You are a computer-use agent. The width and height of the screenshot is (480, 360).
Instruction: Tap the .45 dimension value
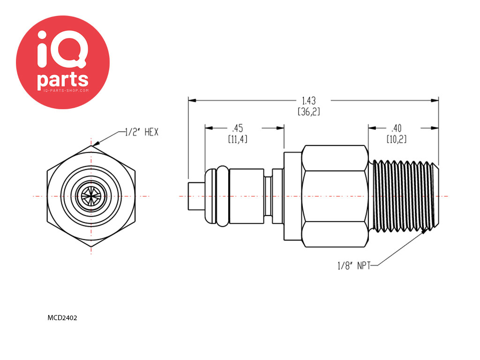(x=238, y=128)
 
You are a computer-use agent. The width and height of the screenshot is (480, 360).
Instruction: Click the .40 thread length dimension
(x=397, y=128)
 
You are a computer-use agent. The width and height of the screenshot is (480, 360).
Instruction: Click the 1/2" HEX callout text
(x=142, y=132)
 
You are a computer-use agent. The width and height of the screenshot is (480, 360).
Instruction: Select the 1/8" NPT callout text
(x=354, y=265)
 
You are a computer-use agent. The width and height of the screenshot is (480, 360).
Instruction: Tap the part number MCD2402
(x=62, y=318)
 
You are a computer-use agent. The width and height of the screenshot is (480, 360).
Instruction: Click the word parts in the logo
(x=63, y=80)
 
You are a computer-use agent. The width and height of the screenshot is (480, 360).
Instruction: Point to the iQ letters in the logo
(x=62, y=49)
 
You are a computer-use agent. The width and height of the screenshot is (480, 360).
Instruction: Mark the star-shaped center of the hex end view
(x=91, y=196)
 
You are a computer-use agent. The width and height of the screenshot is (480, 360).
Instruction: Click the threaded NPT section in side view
(x=404, y=195)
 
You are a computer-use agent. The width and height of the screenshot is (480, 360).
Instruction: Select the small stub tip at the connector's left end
(x=196, y=196)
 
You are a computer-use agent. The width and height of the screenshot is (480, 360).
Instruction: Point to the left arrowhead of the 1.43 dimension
(x=192, y=100)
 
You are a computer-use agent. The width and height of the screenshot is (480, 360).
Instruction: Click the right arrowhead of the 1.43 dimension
(x=435, y=100)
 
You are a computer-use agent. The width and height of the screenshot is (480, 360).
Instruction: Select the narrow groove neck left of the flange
(x=268, y=196)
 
